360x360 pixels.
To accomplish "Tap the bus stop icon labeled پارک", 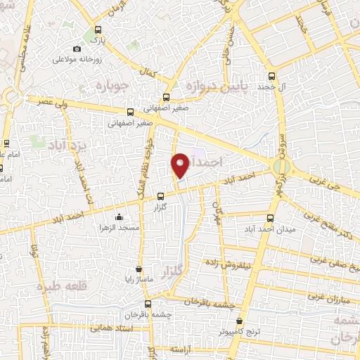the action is click(x=98, y=31).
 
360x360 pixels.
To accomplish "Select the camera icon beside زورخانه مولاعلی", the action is click(x=77, y=49).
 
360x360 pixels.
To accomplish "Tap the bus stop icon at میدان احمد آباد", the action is click(x=271, y=217).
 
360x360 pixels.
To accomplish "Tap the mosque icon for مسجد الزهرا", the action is click(x=119, y=217).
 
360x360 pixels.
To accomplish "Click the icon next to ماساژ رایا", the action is click(x=139, y=268).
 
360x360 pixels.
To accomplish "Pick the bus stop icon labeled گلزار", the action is click(x=160, y=197).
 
